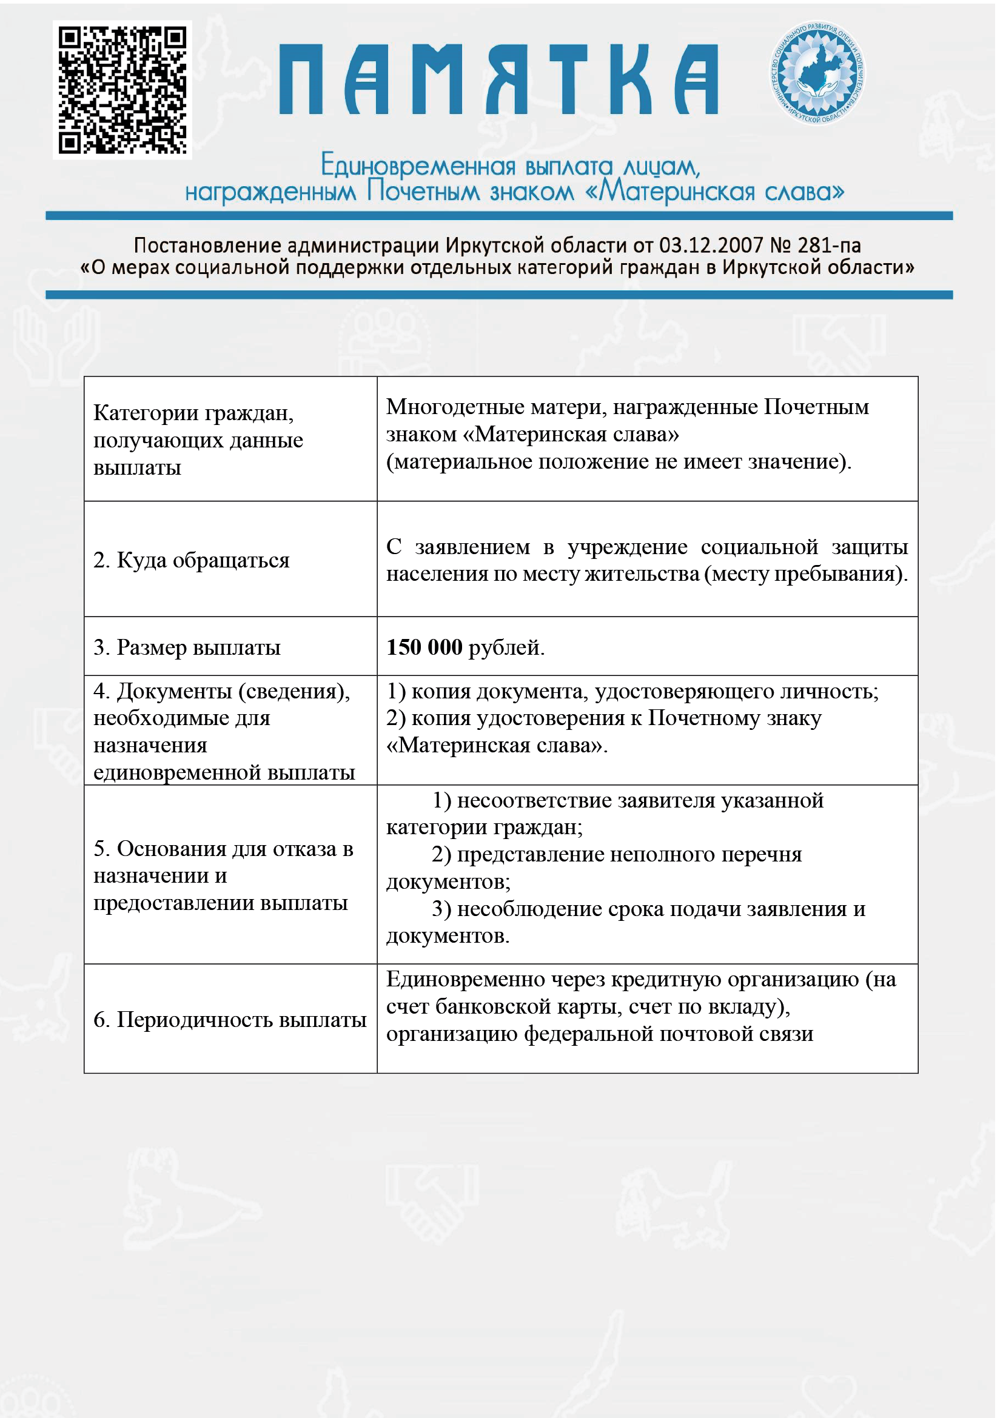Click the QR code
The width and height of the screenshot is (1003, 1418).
pyautogui.click(x=122, y=90)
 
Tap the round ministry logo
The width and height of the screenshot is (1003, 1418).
pyautogui.click(x=817, y=73)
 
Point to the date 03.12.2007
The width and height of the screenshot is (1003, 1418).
pyautogui.click(x=711, y=246)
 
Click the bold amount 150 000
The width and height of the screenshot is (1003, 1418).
pyautogui.click(x=424, y=647)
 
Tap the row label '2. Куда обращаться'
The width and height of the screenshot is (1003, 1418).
pyautogui.click(x=192, y=560)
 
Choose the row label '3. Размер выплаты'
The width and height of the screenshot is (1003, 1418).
pyautogui.click(x=187, y=647)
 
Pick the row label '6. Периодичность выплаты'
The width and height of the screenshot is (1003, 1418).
pyautogui.click(x=230, y=1019)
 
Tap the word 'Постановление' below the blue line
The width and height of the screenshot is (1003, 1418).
pyautogui.click(x=207, y=246)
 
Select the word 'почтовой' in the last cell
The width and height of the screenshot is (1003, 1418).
pyautogui.click(x=705, y=1033)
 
